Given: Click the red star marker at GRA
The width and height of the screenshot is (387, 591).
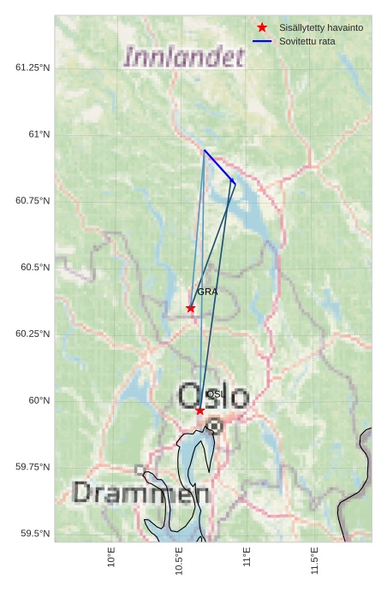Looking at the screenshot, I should [191, 308].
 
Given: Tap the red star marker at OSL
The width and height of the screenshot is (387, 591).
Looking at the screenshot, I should [200, 411].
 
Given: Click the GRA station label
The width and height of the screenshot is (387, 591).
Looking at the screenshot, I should [207, 292].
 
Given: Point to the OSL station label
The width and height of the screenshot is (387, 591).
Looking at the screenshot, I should [215, 394].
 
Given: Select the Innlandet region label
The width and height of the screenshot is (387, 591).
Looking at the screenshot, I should [184, 57].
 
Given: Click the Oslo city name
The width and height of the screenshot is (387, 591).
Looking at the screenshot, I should [213, 397].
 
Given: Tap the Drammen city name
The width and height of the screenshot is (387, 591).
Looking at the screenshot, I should [140, 493].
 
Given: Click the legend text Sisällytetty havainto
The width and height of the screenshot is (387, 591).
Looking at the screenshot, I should [321, 27].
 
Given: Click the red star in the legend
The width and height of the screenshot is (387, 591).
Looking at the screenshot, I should [262, 27].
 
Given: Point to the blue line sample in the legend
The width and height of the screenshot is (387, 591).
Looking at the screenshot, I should [262, 41].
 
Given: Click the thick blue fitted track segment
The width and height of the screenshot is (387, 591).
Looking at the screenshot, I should [219, 166].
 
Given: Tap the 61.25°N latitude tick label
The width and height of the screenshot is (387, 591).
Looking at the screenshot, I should [33, 68].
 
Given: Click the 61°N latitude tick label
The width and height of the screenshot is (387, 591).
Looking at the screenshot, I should [39, 134].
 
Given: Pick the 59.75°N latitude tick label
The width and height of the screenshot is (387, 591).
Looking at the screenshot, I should [33, 467].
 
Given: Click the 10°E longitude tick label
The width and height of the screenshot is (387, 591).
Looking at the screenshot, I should [111, 558].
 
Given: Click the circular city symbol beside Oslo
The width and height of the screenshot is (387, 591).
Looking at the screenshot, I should [215, 425].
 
